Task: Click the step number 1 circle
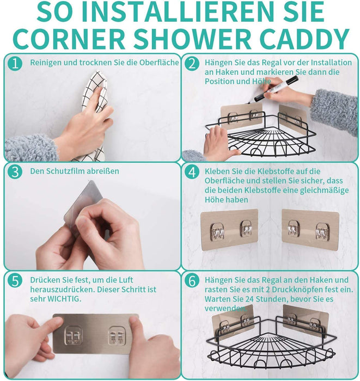15,63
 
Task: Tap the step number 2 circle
192,63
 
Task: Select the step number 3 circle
15,171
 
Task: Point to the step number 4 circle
192,172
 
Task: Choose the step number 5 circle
15,281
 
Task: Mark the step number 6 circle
192,281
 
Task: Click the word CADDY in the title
304,39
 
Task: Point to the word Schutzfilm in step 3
64,171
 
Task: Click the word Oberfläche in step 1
159,63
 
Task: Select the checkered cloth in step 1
94,114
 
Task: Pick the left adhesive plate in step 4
229,230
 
